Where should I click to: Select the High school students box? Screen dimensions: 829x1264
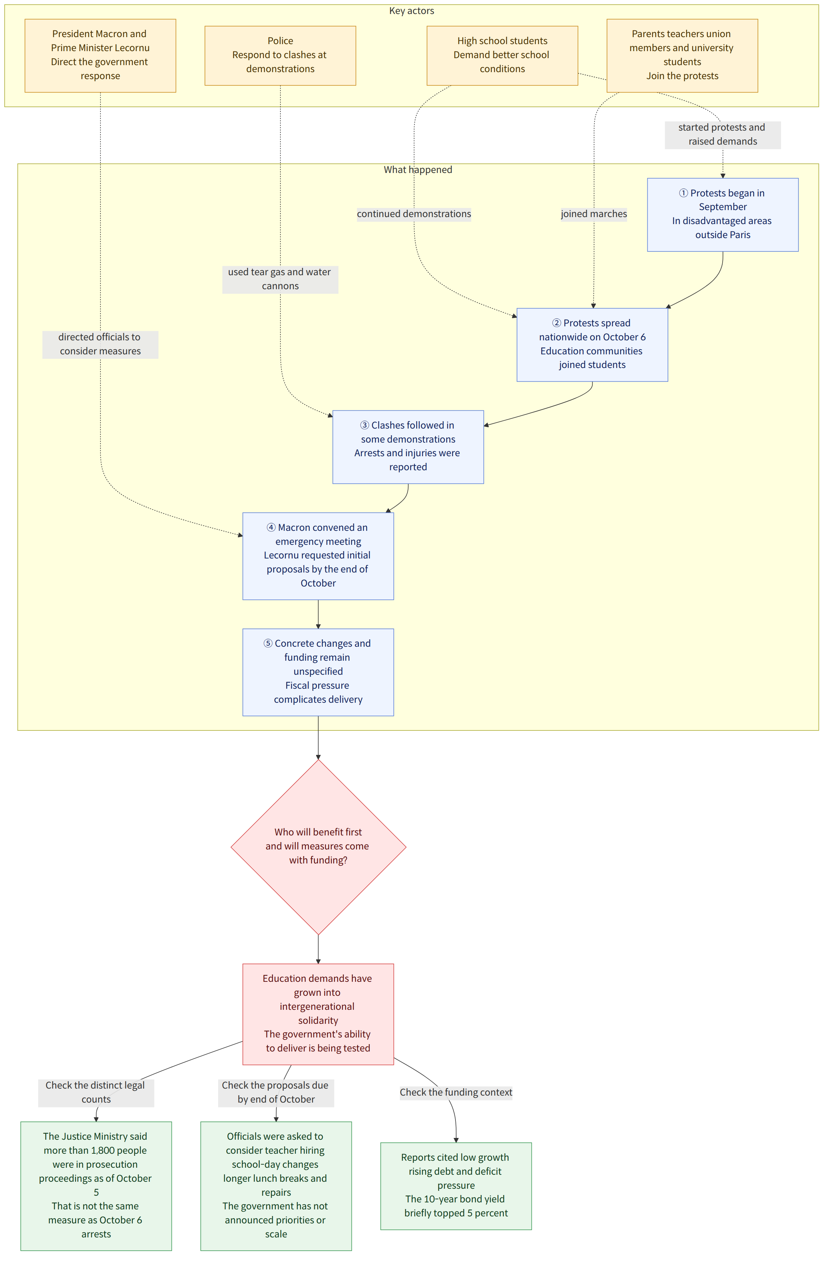[502, 55]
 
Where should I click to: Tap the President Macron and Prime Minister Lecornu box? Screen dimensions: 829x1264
[100, 55]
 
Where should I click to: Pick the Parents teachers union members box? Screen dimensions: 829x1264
[682, 55]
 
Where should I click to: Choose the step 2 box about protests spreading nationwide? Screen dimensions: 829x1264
[592, 345]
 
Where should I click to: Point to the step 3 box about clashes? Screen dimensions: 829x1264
[408, 447]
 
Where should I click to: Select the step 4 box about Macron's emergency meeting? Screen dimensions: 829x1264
[318, 556]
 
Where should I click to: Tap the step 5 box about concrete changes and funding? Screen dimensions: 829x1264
[318, 672]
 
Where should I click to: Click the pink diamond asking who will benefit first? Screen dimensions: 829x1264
[318, 847]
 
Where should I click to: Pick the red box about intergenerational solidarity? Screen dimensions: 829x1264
[318, 1014]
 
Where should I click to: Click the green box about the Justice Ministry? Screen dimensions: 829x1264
[96, 1186]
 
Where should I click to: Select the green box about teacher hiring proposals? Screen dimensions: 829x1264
[276, 1186]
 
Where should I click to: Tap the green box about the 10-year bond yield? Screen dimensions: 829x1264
[456, 1186]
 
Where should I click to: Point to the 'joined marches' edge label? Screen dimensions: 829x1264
[594, 214]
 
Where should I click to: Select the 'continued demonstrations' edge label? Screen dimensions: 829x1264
[414, 214]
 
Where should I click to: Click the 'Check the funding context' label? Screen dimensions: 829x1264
[456, 1092]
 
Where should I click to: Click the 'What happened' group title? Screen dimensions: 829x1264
[418, 170]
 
